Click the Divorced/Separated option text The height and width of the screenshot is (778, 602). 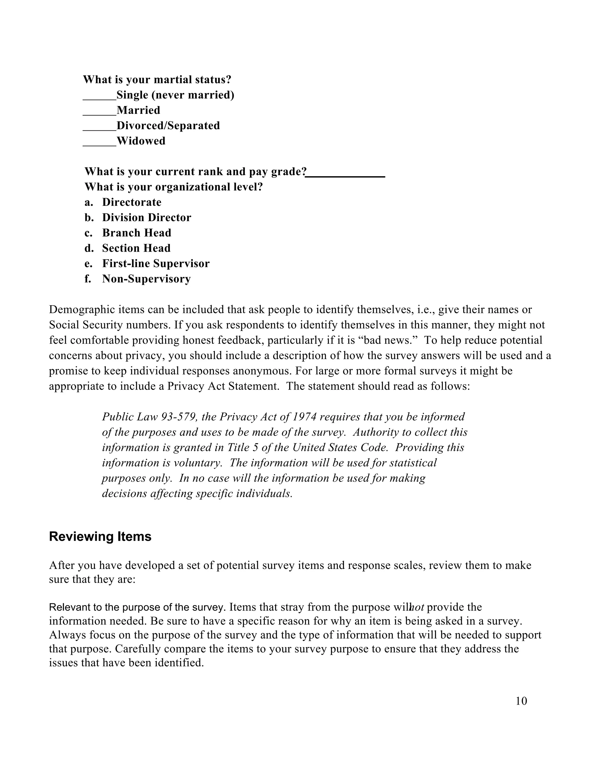click(x=168, y=125)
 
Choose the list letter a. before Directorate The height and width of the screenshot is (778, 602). click(x=88, y=202)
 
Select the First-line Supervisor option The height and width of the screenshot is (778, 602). click(x=156, y=263)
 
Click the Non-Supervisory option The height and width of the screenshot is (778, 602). click(x=146, y=279)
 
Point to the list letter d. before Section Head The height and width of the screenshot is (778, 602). click(x=89, y=248)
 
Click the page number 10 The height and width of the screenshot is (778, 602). click(x=521, y=701)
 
